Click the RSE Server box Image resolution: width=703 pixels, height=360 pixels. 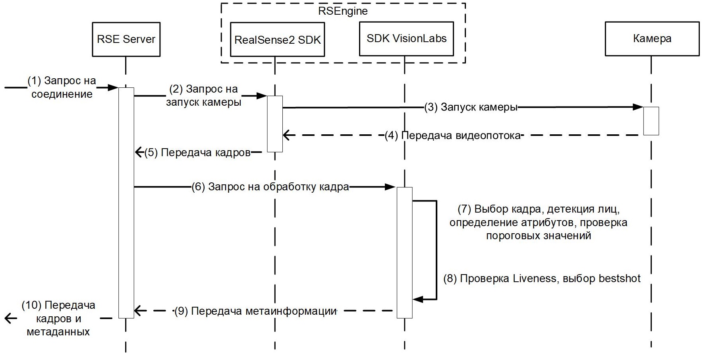126,39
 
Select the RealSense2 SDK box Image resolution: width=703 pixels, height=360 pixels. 277,39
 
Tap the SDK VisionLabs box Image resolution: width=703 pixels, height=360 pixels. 406,39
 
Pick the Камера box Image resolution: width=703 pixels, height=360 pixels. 652,39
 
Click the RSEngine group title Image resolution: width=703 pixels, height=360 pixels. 343,11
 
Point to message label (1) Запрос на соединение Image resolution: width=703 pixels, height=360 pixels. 62,87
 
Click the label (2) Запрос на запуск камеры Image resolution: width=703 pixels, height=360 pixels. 203,95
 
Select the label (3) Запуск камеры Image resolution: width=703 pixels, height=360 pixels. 471,107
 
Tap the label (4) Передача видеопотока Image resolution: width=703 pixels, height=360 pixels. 452,135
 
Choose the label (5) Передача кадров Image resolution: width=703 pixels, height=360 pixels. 197,153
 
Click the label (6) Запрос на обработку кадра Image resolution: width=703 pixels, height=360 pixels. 270,187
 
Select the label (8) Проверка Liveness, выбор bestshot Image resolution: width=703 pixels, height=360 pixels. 542,278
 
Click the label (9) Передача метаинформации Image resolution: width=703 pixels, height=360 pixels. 255,311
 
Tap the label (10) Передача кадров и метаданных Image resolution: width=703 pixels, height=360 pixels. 58,318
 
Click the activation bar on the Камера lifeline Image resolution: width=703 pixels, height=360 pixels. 651,121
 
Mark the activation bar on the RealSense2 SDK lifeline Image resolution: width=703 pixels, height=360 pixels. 274,124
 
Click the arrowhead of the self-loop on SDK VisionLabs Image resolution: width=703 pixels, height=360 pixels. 417,299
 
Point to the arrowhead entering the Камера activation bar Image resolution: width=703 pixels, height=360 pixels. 639,107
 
